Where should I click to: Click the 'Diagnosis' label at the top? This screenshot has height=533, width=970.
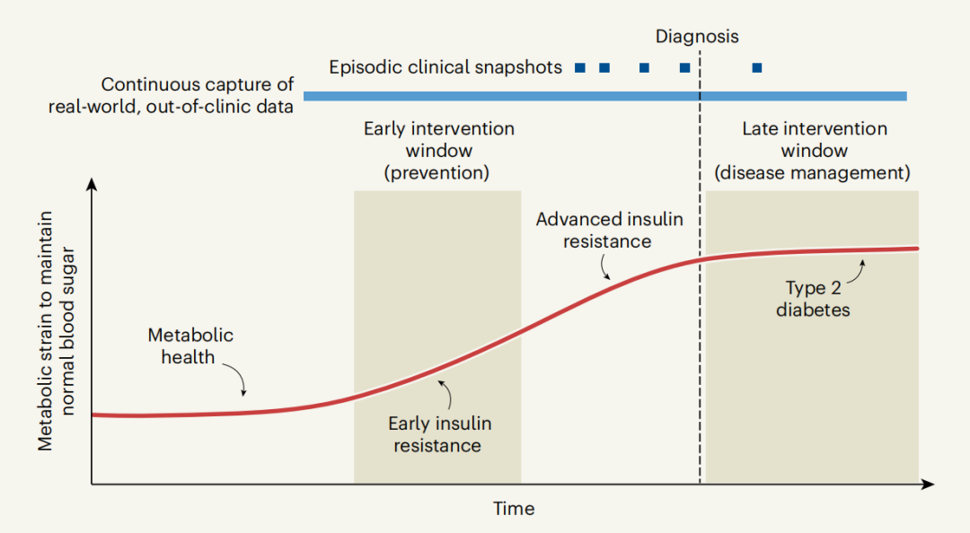click(697, 37)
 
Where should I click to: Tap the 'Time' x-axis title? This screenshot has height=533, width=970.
click(514, 509)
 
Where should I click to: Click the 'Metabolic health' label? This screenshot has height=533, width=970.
click(190, 345)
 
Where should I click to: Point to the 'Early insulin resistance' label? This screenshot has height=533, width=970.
click(439, 434)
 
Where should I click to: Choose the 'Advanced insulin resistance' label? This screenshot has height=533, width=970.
click(609, 230)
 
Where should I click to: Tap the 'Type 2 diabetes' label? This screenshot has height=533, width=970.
click(812, 300)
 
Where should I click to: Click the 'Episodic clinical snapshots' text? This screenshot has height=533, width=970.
click(445, 67)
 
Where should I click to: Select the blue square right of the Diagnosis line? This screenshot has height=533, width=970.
click(757, 67)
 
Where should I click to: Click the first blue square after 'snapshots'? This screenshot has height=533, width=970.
click(580, 67)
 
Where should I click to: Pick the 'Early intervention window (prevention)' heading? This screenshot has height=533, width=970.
click(438, 151)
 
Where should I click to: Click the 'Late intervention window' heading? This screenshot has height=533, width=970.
click(813, 151)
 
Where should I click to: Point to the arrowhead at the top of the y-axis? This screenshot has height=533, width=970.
click(92, 186)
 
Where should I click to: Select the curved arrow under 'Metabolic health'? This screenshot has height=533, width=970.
click(235, 380)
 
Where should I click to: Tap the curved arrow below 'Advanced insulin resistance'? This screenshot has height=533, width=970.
click(604, 266)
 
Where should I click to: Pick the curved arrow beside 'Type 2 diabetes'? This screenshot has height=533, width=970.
click(856, 270)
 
